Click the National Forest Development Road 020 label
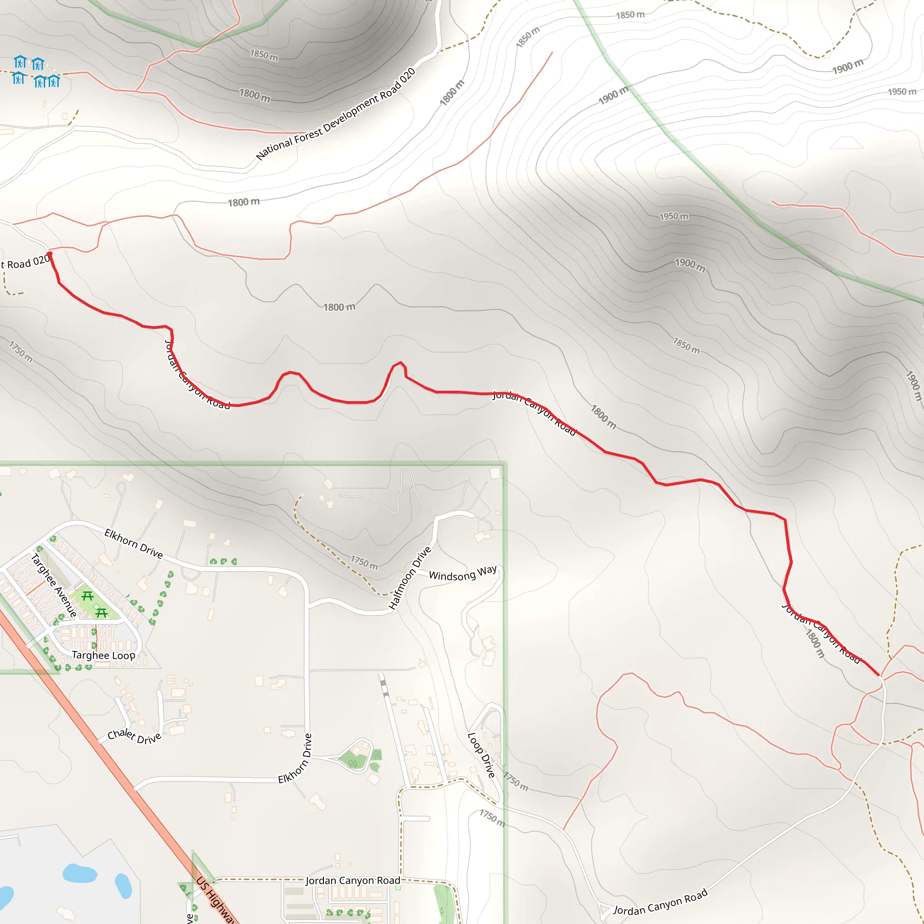pos(335,114)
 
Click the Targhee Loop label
pos(103,655)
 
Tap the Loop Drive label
pos(481,755)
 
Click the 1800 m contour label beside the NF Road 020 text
pos(452,93)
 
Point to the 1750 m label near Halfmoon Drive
pos(364,563)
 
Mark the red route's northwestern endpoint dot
pos(50,254)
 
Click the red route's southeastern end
pos(878,675)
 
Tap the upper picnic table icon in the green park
pos(88,596)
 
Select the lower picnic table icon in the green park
pos(102,613)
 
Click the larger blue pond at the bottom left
pos(80,873)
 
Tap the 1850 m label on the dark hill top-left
pos(263,55)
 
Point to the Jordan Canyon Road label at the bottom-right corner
pos(660,903)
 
